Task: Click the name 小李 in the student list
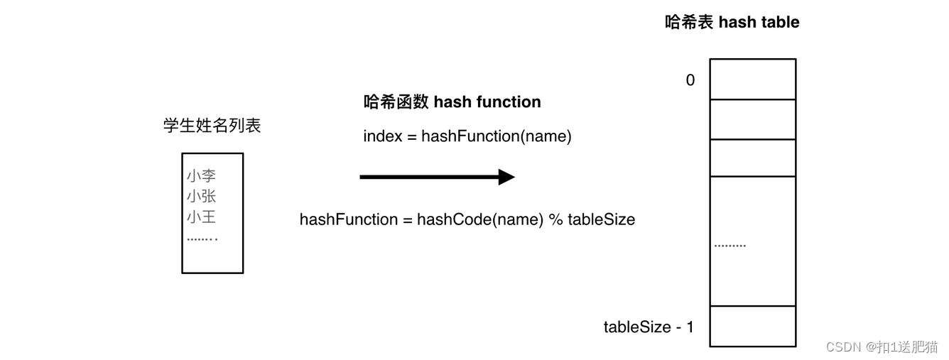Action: coord(201,176)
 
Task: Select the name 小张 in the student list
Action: coord(201,197)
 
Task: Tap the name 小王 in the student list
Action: coord(201,217)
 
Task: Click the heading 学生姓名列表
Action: coord(212,126)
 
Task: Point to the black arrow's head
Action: coord(506,177)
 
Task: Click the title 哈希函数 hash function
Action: coord(452,102)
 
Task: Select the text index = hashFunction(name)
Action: coord(467,136)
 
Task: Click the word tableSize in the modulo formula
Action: coord(601,219)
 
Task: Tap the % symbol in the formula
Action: coord(555,219)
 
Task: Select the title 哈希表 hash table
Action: coord(732,23)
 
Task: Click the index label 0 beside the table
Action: coord(690,80)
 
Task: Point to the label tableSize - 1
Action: coord(649,327)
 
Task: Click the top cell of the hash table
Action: coord(752,79)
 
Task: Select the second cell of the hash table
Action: coord(752,119)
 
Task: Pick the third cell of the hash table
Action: coord(752,158)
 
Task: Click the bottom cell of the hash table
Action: coord(752,326)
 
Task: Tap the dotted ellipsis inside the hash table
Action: coord(730,246)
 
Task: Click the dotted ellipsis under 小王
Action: coord(202,239)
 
